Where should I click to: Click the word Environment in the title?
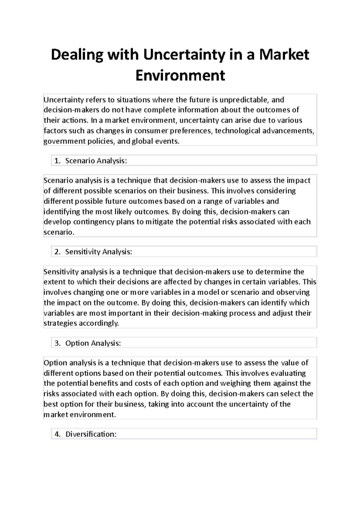180,75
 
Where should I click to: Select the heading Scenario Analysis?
96,161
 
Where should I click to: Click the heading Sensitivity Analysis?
99,252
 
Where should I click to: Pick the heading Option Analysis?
93,343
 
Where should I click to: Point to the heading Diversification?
91,434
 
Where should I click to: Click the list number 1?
57,161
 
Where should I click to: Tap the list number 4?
57,434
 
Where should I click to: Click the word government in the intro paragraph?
61,141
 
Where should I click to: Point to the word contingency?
94,222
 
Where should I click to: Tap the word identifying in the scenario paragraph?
62,212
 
